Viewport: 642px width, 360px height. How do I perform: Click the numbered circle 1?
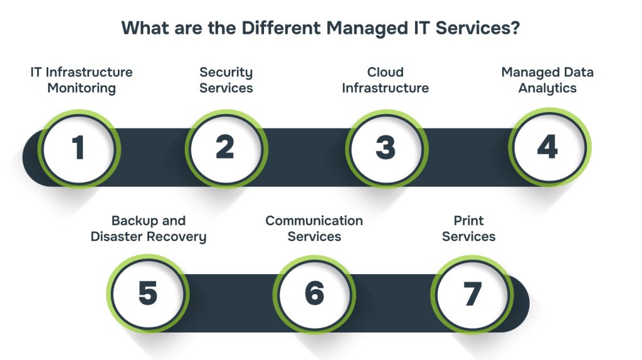click(78, 149)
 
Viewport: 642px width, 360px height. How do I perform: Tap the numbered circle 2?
click(226, 149)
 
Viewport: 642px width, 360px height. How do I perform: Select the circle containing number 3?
click(386, 149)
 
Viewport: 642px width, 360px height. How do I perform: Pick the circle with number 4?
click(547, 149)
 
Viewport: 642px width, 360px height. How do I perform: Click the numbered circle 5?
click(148, 294)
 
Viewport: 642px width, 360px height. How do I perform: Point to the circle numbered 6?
click(314, 294)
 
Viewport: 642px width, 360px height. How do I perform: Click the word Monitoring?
click(82, 88)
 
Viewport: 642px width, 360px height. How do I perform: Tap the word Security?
click(226, 72)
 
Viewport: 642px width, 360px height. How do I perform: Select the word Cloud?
click(386, 72)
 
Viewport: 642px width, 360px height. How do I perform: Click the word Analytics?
click(547, 88)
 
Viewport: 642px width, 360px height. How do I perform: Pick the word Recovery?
click(181, 236)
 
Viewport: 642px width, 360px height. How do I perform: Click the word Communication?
click(314, 221)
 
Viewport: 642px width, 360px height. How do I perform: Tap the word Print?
click(469, 221)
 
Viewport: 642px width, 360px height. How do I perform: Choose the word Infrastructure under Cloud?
click(386, 88)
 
